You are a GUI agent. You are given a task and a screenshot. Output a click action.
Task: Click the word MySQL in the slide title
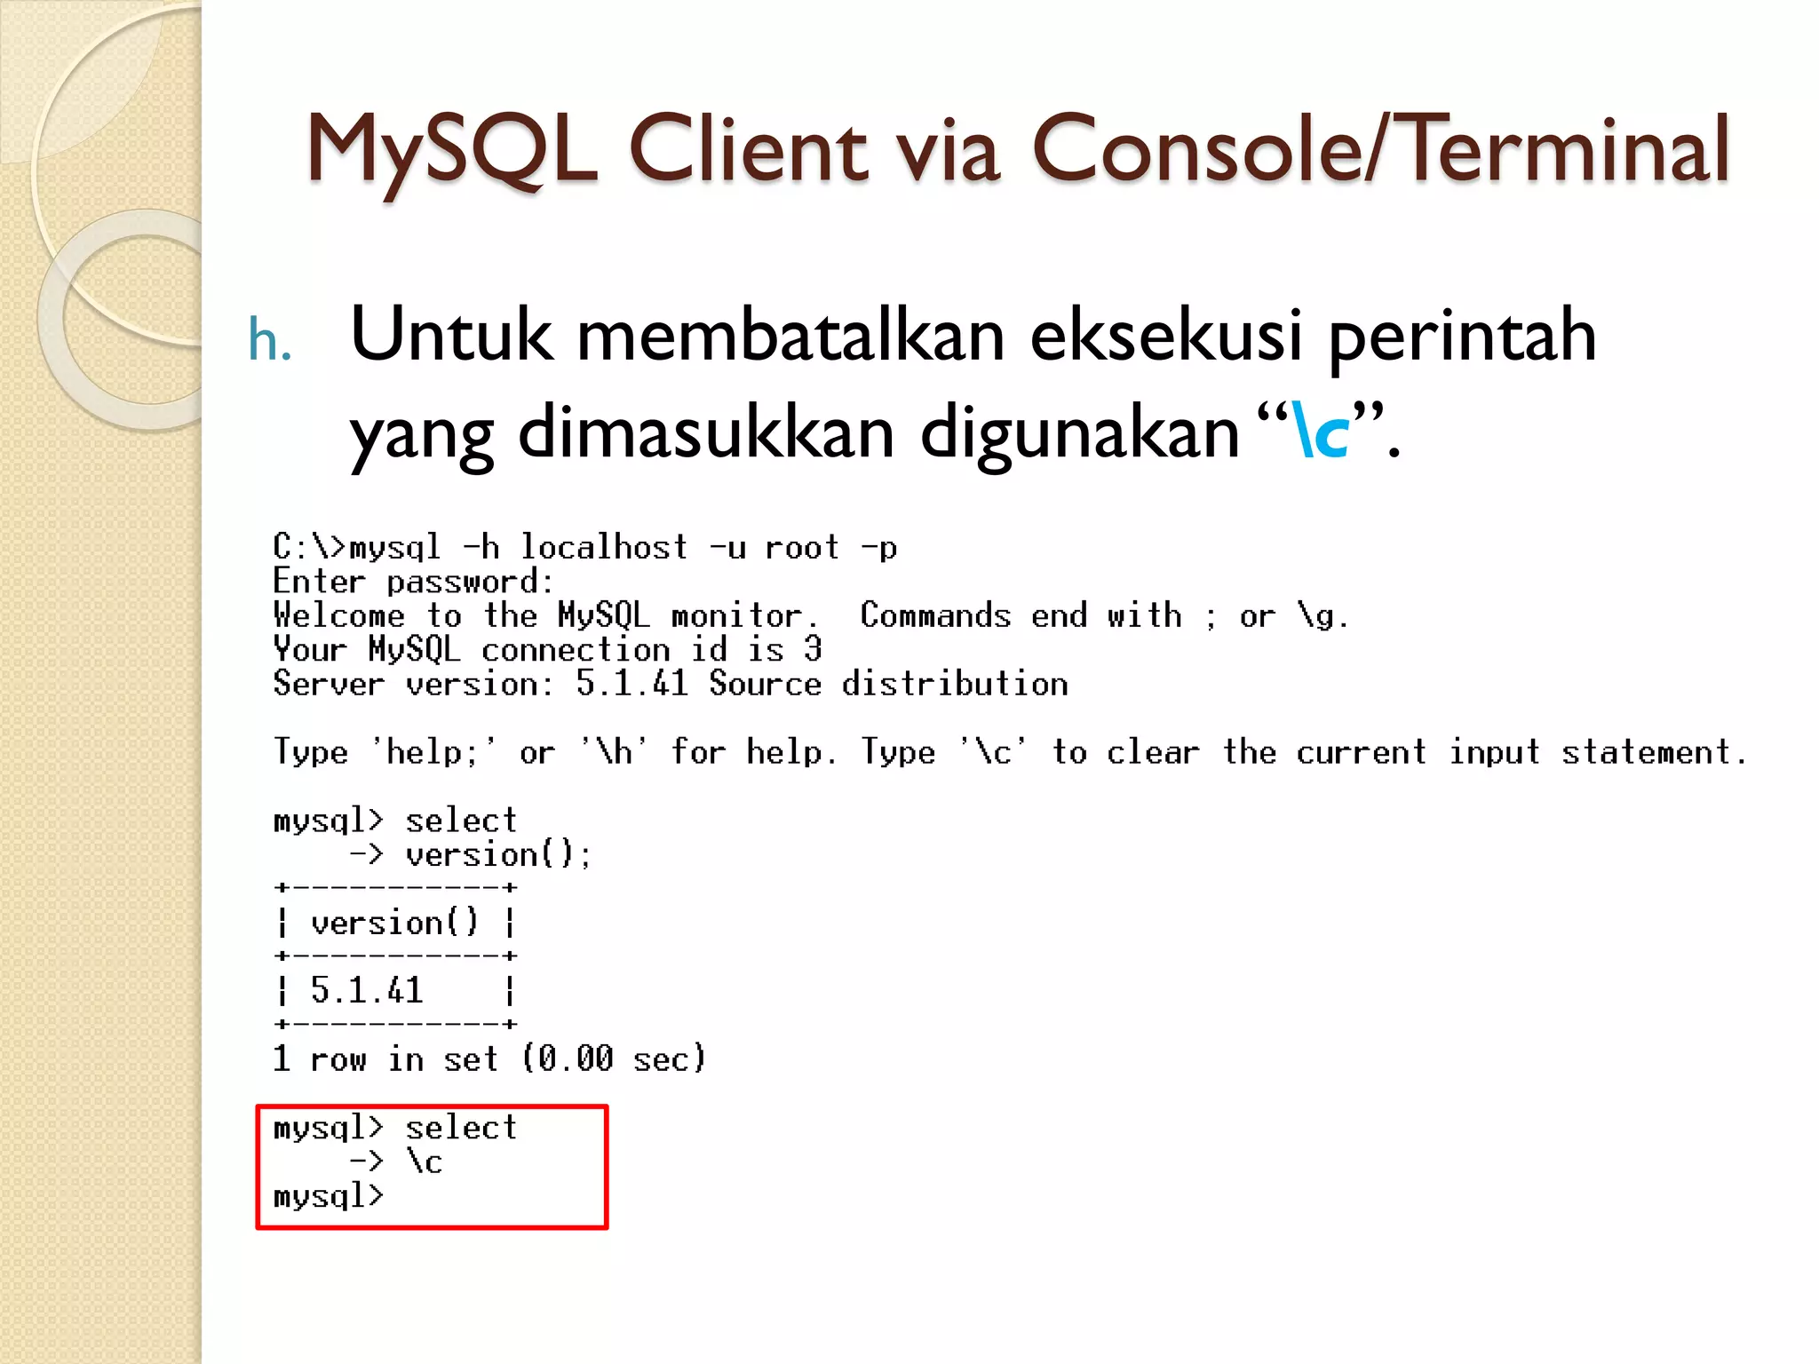[452, 150]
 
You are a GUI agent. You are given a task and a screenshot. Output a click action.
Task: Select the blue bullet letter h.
[269, 339]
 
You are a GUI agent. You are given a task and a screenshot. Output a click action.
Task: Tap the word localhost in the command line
[603, 547]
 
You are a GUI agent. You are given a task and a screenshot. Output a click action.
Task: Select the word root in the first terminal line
[802, 547]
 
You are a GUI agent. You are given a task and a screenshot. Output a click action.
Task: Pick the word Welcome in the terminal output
[338, 615]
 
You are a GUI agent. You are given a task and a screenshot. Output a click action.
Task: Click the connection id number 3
[813, 649]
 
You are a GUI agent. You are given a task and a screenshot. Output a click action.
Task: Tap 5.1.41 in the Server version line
[631, 684]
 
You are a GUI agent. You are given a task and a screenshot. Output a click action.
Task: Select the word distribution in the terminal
[955, 684]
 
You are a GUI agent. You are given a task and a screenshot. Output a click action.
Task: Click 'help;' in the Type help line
[433, 752]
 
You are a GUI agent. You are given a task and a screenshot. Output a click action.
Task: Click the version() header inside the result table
[394, 923]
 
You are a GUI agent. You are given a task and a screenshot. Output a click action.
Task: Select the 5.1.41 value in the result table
[366, 990]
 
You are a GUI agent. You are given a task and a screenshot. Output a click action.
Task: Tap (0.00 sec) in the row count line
[614, 1059]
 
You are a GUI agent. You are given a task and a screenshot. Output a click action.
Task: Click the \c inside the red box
[425, 1162]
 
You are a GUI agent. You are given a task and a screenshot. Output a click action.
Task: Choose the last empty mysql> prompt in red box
[328, 1196]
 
